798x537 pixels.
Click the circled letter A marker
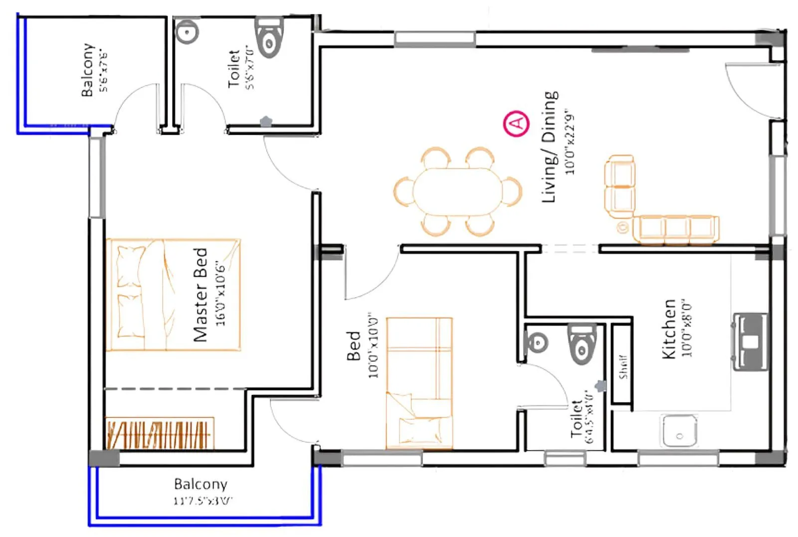(x=517, y=123)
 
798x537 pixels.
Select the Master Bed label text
(x=200, y=294)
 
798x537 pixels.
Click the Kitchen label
(x=668, y=329)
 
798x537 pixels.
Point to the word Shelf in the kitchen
(x=622, y=367)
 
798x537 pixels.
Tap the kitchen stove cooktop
(x=750, y=342)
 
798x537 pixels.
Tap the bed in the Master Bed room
(x=173, y=295)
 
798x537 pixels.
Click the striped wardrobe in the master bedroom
(x=160, y=433)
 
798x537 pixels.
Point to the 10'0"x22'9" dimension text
(x=570, y=142)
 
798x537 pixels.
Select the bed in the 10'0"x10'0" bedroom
(x=419, y=383)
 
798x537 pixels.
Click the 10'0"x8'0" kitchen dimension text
(x=687, y=329)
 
